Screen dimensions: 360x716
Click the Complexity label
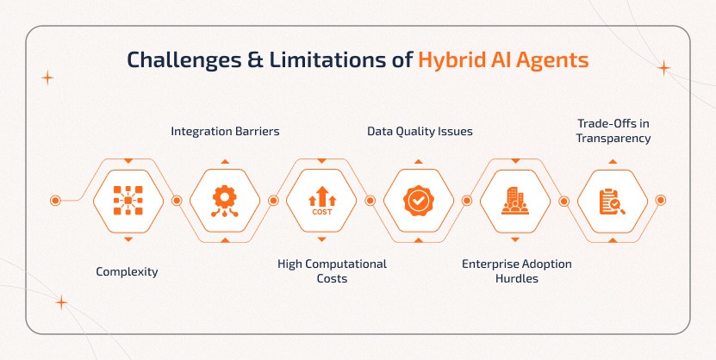coord(128,272)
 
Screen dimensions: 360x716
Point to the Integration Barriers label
coord(225,132)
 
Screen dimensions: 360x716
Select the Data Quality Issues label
coord(420,132)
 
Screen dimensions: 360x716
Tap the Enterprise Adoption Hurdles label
coord(516,271)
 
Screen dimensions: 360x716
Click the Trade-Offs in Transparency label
coord(613,131)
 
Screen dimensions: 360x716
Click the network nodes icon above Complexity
coord(128,201)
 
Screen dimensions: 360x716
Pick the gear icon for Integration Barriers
coord(225,201)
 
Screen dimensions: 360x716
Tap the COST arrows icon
coord(321,201)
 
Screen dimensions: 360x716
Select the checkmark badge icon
coord(418,201)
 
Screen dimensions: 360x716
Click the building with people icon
coord(515,201)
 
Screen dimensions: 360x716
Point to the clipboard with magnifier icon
coord(612,201)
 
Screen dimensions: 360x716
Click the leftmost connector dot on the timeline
coord(55,201)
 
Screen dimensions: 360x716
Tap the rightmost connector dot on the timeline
coord(661,201)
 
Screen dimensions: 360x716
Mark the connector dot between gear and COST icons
coord(273,201)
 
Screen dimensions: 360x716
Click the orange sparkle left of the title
coord(47,78)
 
